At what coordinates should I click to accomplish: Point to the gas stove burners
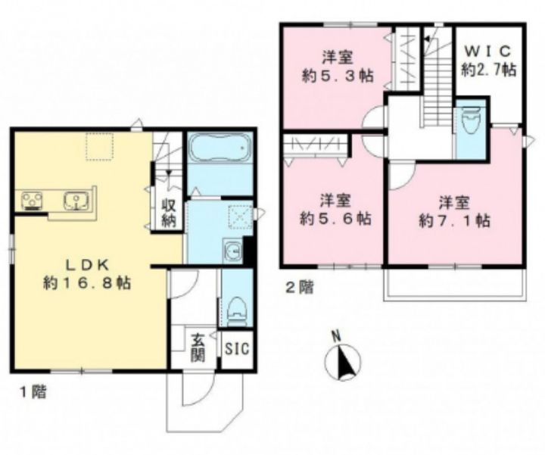(32, 201)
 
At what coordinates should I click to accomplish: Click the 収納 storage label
(169, 213)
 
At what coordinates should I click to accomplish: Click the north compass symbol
(342, 361)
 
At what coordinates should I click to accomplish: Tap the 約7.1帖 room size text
(454, 221)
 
